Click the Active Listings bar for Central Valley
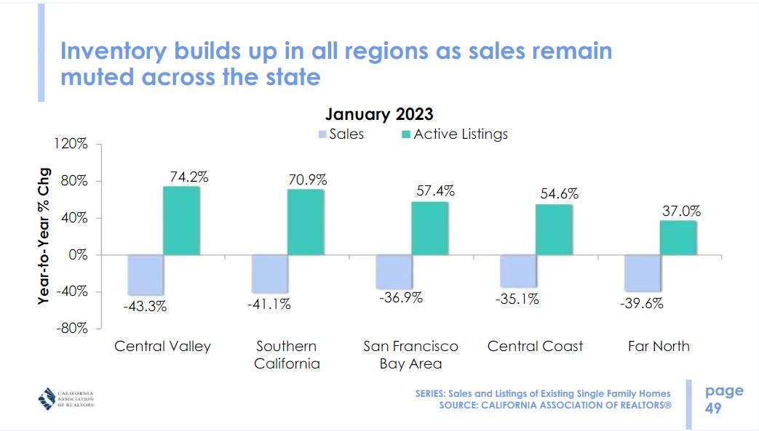click(181, 220)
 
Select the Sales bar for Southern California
click(269, 273)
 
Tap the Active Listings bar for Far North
click(678, 237)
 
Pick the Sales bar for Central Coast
click(517, 270)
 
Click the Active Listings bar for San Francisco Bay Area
click(429, 228)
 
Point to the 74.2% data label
click(190, 176)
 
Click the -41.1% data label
click(269, 305)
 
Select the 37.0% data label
click(681, 211)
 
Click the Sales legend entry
click(341, 134)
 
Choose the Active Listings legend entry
click(454, 134)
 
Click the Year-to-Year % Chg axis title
click(44, 233)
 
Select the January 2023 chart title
click(379, 114)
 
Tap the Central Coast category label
click(535, 346)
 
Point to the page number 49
click(714, 408)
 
